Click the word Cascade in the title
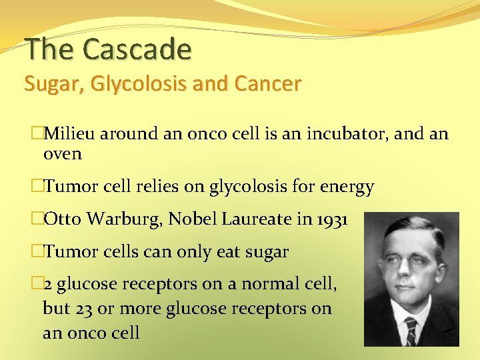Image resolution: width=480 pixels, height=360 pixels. click(137, 49)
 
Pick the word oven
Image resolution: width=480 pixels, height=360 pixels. click(62, 154)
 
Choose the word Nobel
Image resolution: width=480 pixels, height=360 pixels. click(190, 219)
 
